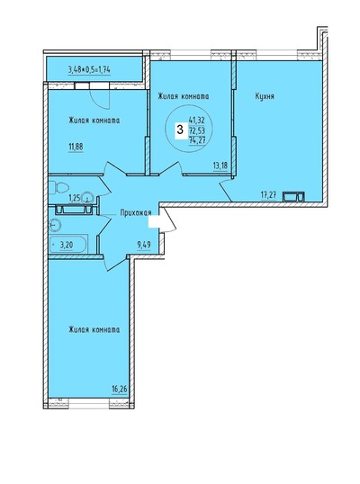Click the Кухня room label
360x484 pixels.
pos(265,96)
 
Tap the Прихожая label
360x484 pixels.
pos(136,212)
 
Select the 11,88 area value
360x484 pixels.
pos(76,147)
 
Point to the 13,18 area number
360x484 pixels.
pos(220,166)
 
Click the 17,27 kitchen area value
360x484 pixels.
pos(268,195)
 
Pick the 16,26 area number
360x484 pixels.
pos(120,389)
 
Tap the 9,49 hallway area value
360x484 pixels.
pos(144,245)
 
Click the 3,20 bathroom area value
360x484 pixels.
pos(67,246)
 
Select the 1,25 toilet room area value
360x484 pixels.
pos(74,198)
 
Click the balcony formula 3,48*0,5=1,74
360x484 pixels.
pos(89,70)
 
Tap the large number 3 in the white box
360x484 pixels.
pos(180,130)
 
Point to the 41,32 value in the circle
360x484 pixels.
pos(197,119)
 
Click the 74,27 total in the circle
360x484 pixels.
pos(197,140)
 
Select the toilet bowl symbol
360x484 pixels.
pos(58,188)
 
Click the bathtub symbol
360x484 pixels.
pos(68,245)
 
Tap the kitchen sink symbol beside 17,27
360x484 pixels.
pos(294,197)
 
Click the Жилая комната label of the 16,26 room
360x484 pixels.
pos(94,330)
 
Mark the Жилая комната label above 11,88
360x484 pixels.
pos(94,121)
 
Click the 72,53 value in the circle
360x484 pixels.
pos(197,130)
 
